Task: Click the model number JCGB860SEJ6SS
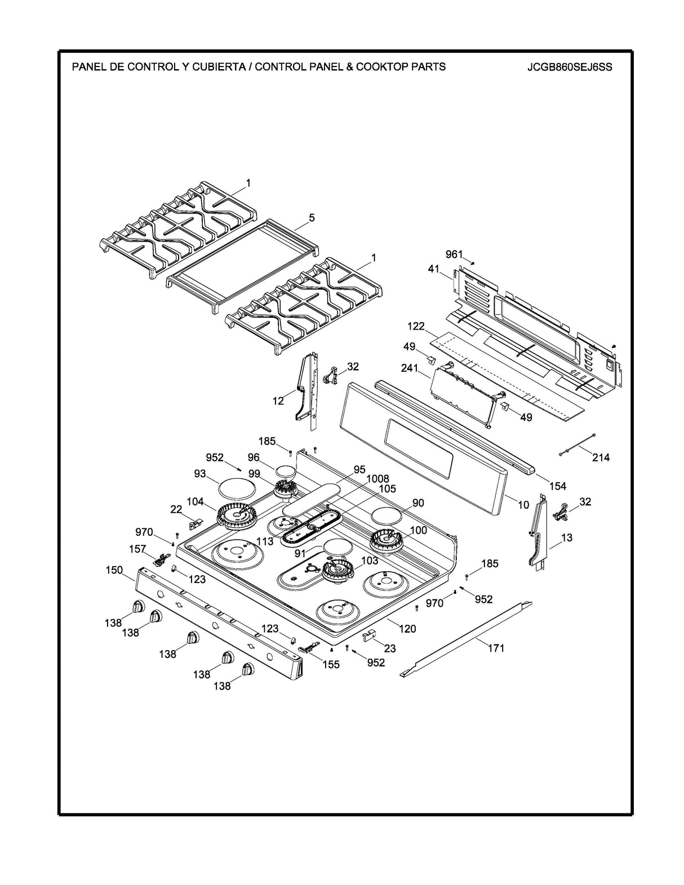click(x=570, y=67)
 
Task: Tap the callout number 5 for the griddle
click(x=312, y=218)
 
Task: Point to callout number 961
click(x=454, y=255)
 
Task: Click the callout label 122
click(x=416, y=327)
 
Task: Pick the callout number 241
click(x=410, y=368)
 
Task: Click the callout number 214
click(x=601, y=457)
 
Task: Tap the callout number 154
click(x=558, y=486)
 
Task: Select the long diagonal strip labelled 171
click(x=468, y=638)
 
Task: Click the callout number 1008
click(x=377, y=479)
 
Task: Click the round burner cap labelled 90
click(x=387, y=514)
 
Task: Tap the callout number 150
click(x=114, y=570)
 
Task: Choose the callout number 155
click(x=331, y=664)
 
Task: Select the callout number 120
click(x=407, y=629)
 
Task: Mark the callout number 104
click(x=195, y=501)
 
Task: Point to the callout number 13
click(x=567, y=537)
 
